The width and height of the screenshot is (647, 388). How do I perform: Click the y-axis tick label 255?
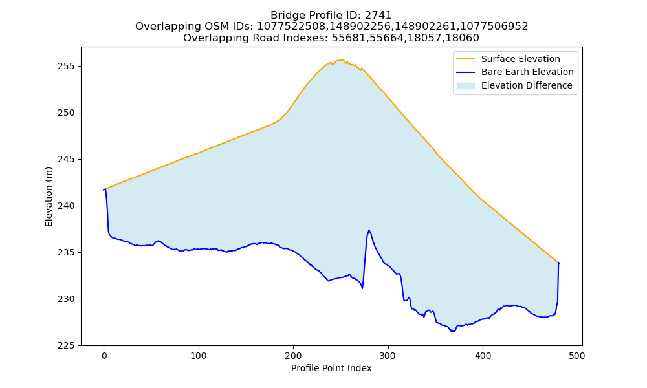pos(67,67)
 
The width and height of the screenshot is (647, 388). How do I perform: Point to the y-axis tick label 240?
pos(67,206)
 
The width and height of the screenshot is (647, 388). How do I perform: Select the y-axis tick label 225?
pos(67,345)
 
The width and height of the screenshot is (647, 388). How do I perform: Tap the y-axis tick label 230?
pos(67,299)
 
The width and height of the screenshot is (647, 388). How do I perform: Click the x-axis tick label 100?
pos(199,356)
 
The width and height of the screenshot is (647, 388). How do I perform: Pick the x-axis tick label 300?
pos(388,356)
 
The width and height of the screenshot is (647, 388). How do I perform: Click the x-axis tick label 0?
pos(104,356)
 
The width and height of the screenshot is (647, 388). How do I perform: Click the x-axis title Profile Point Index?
pos(331,368)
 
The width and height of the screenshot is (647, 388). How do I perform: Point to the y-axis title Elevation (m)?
pos(49,197)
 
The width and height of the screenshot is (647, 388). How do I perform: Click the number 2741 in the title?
pos(378,16)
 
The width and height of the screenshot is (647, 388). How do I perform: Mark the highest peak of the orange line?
pos(342,60)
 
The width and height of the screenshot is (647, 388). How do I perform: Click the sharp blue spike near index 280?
pos(369,230)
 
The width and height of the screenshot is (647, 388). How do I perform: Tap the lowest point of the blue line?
pos(453,332)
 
